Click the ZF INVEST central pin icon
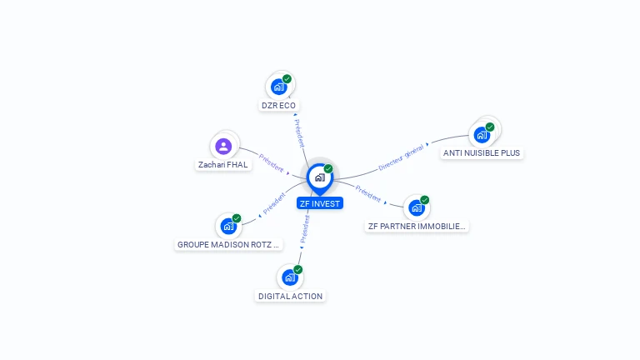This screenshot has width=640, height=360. pyautogui.click(x=319, y=177)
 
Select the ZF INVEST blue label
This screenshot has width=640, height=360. pyautogui.click(x=320, y=203)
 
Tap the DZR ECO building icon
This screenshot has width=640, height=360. pyautogui.click(x=279, y=86)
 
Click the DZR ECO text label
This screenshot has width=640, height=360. pyautogui.click(x=279, y=106)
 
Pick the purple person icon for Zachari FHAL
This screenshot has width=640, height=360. pyautogui.click(x=222, y=147)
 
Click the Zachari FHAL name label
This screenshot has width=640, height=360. pyautogui.click(x=222, y=165)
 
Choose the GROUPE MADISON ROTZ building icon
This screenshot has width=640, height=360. pyautogui.click(x=228, y=226)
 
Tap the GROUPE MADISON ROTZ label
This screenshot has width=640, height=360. pyautogui.click(x=229, y=245)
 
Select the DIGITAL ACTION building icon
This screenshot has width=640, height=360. pyautogui.click(x=290, y=277)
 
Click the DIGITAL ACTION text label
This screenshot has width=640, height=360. pyautogui.click(x=290, y=296)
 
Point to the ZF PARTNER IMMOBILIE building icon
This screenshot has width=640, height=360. pyautogui.click(x=417, y=207)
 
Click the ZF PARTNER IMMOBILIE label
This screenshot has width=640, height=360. pyautogui.click(x=417, y=226)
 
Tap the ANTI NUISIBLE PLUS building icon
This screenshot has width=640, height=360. pyautogui.click(x=482, y=134)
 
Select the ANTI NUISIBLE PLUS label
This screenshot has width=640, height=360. pyautogui.click(x=482, y=153)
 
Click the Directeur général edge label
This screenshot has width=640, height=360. pyautogui.click(x=401, y=156)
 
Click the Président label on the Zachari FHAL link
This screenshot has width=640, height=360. pyautogui.click(x=272, y=162)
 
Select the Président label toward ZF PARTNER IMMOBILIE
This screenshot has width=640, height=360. pyautogui.click(x=367, y=193)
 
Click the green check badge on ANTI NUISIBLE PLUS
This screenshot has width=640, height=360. pyautogui.click(x=490, y=127)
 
